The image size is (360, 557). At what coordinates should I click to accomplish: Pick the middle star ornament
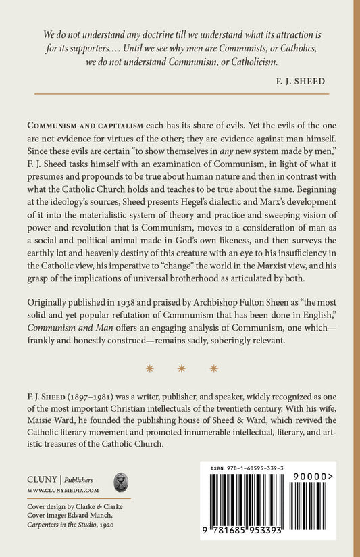click(180, 368)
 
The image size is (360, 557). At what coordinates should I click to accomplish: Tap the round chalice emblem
click(121, 483)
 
